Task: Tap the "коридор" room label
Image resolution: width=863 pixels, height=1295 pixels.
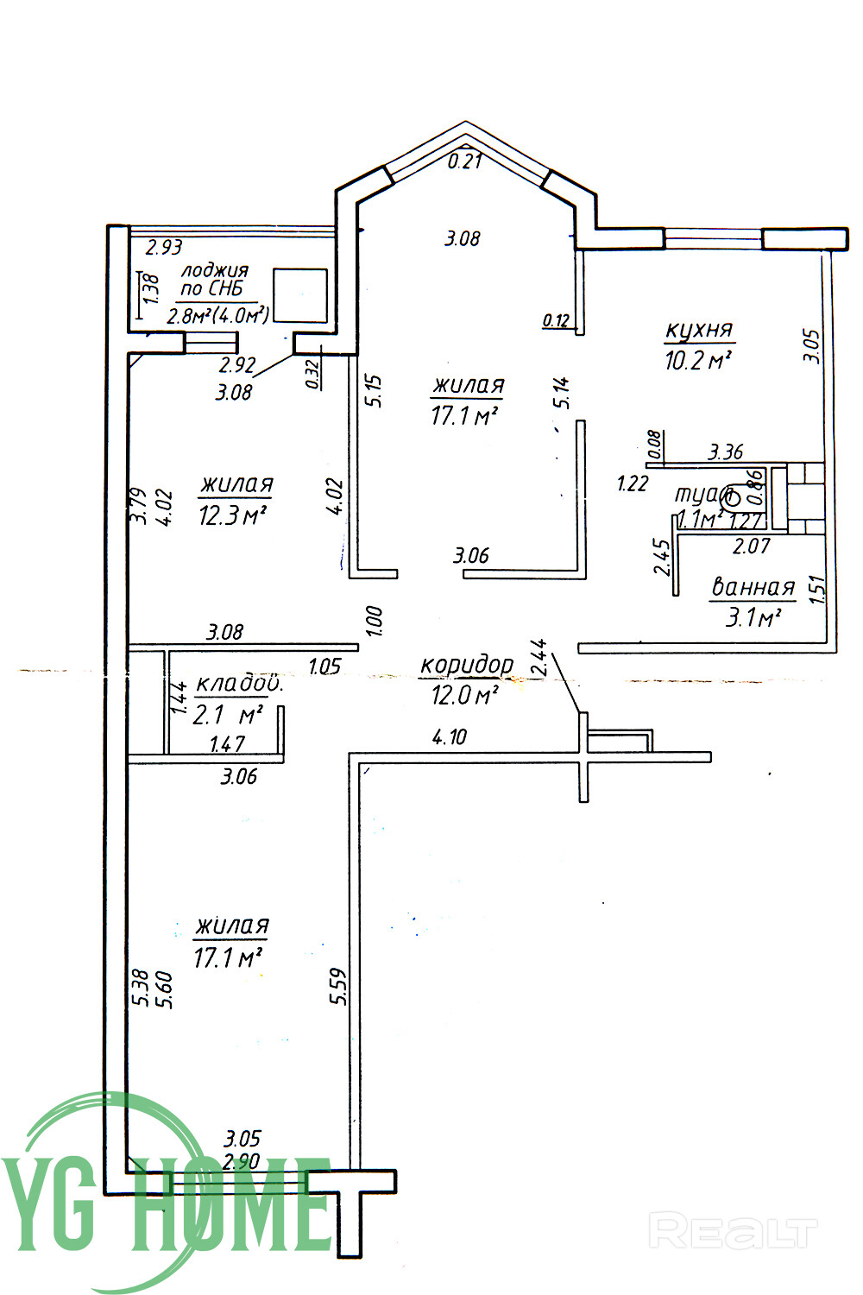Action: pos(466,666)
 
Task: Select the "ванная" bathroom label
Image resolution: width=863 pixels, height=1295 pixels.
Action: pos(752,588)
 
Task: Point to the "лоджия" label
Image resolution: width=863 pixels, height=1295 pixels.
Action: pos(214,270)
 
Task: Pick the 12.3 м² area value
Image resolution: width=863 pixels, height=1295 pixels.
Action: pos(230,516)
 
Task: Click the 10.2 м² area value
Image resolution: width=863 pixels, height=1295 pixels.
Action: pos(698,360)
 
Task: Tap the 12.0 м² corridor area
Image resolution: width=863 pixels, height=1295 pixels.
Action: pos(466,694)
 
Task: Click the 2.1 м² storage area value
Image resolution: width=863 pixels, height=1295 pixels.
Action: pos(228,715)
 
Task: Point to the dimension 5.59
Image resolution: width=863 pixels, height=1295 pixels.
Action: pos(337,986)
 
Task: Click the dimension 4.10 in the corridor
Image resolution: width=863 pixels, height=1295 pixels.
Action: pos(449,737)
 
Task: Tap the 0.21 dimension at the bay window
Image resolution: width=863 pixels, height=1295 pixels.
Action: pos(465,161)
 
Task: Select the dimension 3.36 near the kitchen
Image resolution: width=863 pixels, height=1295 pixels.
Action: pos(725,452)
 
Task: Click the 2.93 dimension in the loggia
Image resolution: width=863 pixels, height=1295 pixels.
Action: pos(164,248)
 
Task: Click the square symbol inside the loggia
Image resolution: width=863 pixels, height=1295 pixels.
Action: pos(300,296)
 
